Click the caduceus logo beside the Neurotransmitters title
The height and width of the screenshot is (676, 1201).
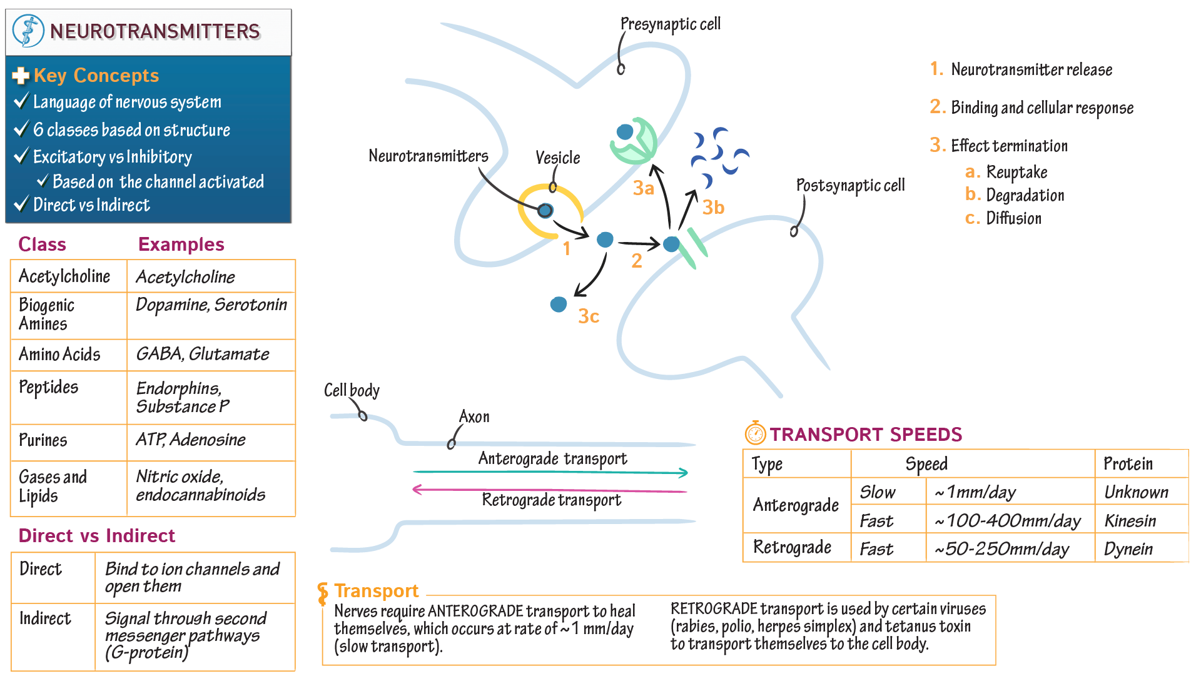pyautogui.click(x=28, y=31)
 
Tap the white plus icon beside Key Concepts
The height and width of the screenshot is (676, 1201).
pyautogui.click(x=21, y=76)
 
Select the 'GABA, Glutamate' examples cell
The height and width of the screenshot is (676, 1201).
pyautogui.click(x=203, y=354)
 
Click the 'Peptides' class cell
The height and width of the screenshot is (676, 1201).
pyautogui.click(x=49, y=387)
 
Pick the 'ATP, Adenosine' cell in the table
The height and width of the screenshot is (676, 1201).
pyautogui.click(x=191, y=440)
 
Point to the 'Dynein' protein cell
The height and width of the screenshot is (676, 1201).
pyautogui.click(x=1128, y=549)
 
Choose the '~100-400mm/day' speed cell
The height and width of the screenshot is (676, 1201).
pyautogui.click(x=1008, y=520)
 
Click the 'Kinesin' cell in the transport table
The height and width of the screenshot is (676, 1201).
pyautogui.click(x=1130, y=520)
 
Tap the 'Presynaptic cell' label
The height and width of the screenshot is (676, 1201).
pyautogui.click(x=671, y=24)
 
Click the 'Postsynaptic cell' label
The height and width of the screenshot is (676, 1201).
pyautogui.click(x=850, y=185)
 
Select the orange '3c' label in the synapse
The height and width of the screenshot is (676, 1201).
pyautogui.click(x=589, y=316)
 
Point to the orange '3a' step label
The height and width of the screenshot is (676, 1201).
pyautogui.click(x=644, y=188)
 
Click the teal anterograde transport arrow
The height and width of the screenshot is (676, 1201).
pyautogui.click(x=550, y=472)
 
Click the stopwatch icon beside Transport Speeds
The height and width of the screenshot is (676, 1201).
pyautogui.click(x=755, y=433)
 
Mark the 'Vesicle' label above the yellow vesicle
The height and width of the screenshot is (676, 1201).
pyautogui.click(x=557, y=158)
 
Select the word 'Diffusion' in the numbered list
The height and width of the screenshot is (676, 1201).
pyautogui.click(x=1013, y=218)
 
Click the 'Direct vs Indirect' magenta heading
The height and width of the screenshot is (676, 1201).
pyautogui.click(x=97, y=536)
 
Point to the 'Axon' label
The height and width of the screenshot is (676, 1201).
pyautogui.click(x=474, y=416)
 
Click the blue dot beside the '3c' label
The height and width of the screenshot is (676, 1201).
pyautogui.click(x=559, y=305)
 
